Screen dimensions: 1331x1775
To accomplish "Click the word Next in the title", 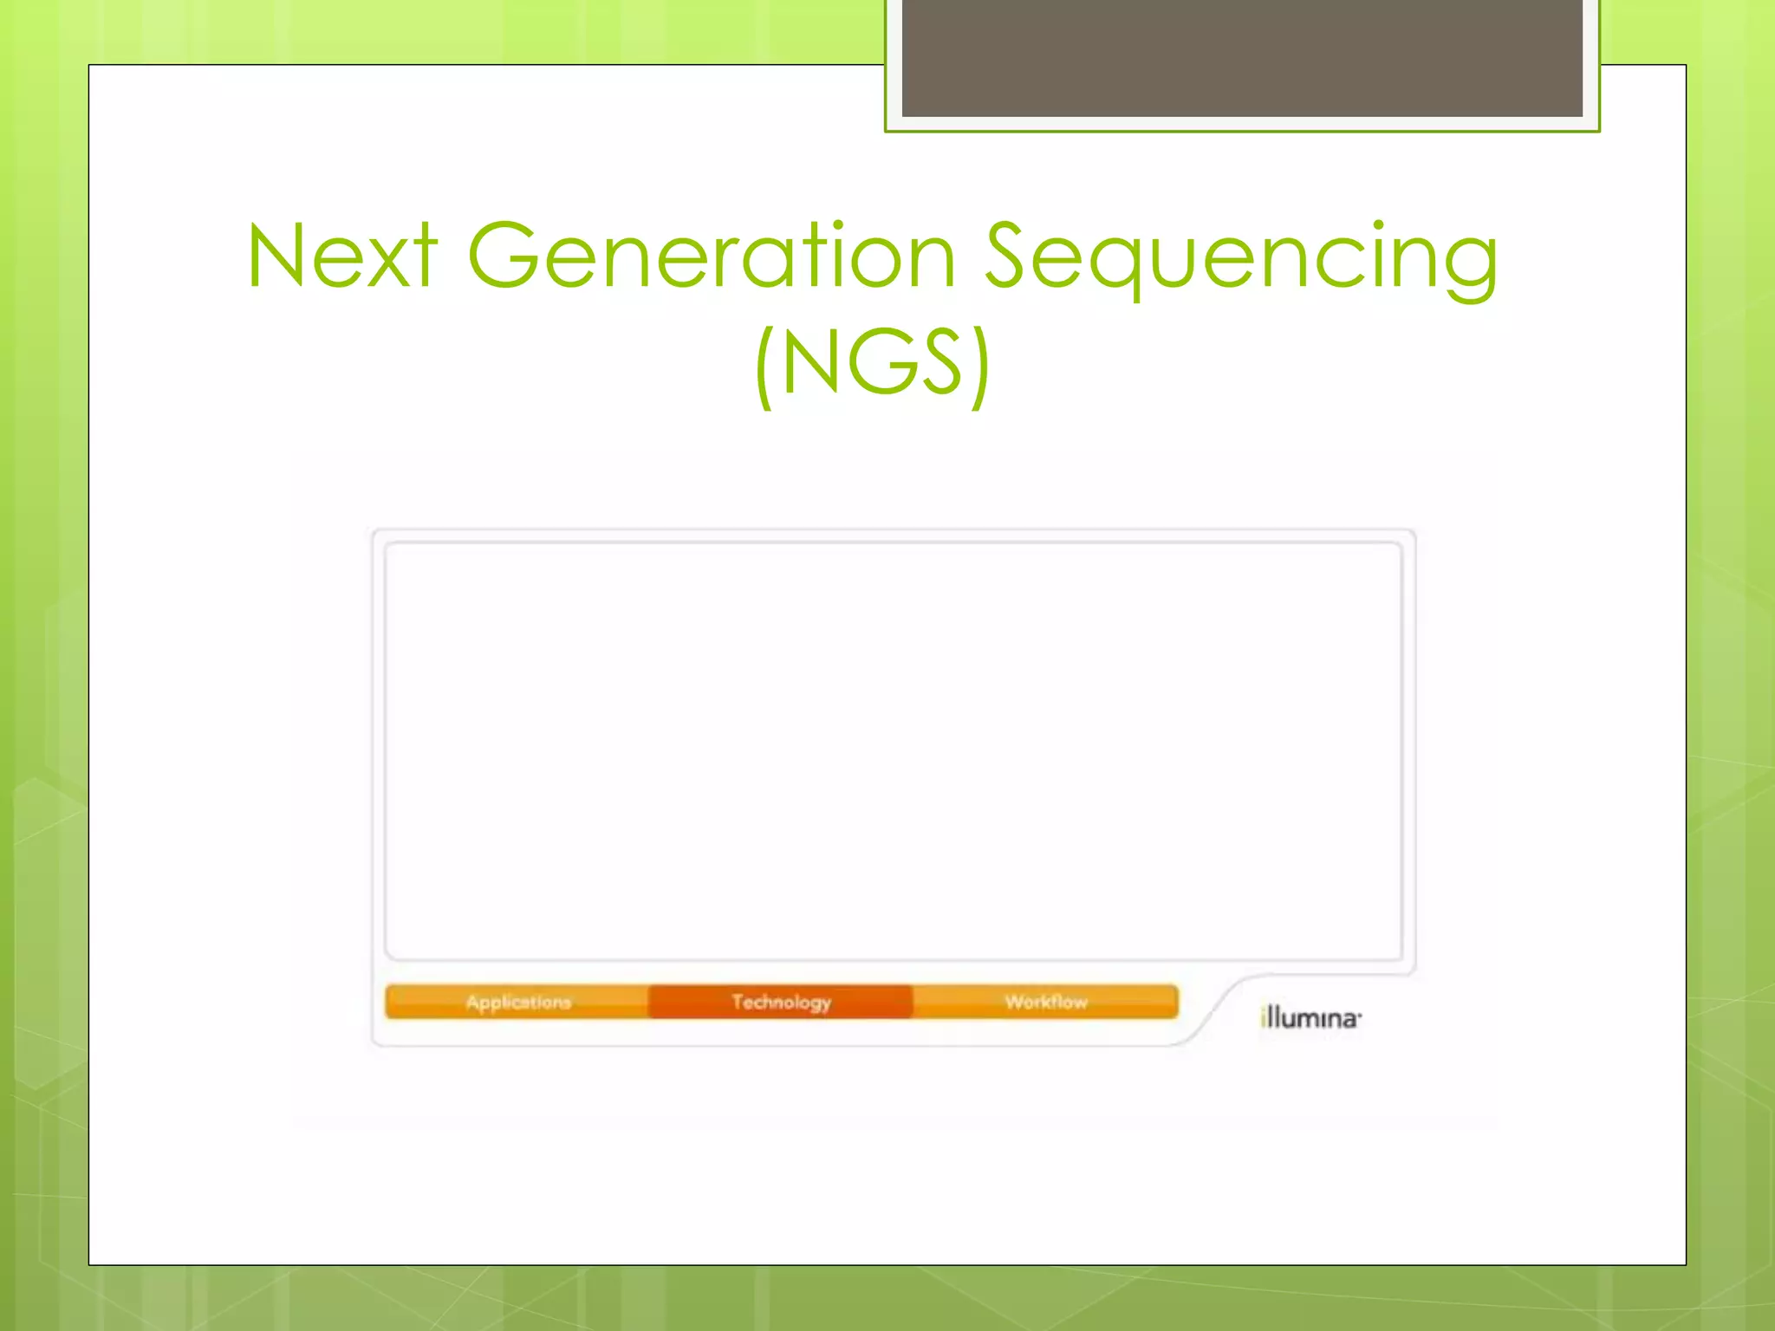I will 342,256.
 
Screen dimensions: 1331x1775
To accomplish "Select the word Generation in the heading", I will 711,256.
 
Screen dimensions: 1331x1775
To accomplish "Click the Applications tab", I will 517,1002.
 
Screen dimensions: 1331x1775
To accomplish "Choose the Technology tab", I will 781,1002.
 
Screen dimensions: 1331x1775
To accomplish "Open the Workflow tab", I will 1045,1002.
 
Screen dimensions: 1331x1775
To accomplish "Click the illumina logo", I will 1310,1017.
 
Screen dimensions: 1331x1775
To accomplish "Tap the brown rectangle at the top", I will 1242,57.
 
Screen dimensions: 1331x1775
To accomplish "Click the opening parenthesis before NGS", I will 764,366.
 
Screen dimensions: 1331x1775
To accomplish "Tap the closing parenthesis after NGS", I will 980,366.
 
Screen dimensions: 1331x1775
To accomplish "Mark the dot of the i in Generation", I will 837,225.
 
